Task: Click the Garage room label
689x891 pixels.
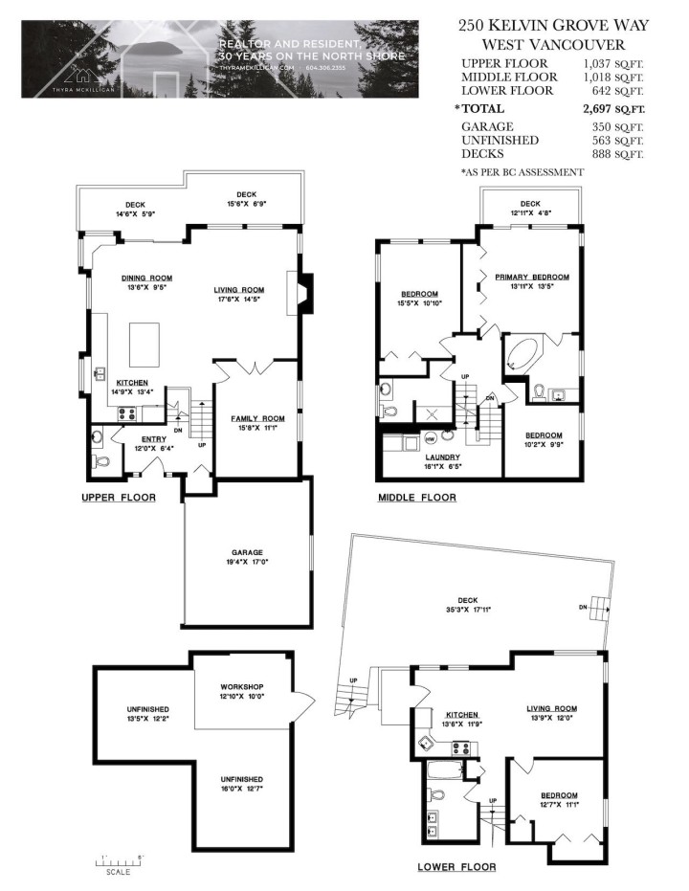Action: [x=246, y=552]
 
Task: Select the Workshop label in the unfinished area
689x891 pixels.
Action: [x=241, y=688]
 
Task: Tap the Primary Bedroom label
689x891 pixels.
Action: [x=531, y=277]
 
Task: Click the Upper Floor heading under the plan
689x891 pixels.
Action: [x=118, y=498]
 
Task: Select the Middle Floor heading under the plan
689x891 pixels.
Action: [x=416, y=498]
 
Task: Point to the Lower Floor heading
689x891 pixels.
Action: [x=456, y=867]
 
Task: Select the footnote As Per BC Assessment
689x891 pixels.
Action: [x=522, y=172]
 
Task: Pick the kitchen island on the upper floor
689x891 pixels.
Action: [x=144, y=342]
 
